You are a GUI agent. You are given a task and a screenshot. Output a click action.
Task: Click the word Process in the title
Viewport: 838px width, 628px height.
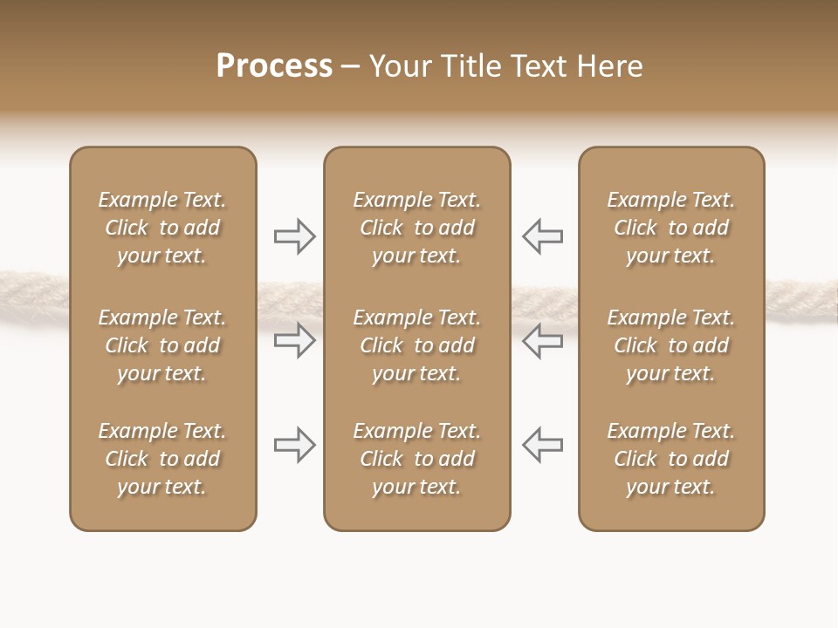click(274, 66)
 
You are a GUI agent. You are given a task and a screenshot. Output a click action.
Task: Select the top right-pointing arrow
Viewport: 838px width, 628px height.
click(294, 236)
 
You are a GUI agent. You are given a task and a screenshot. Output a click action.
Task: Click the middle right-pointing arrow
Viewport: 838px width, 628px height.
click(294, 340)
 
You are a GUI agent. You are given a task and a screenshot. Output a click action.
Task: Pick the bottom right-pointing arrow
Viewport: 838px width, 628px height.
click(294, 445)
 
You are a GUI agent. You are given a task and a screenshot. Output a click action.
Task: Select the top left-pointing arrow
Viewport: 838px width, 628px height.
click(543, 236)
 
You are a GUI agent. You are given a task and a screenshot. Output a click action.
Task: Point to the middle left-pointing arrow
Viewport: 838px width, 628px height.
click(543, 340)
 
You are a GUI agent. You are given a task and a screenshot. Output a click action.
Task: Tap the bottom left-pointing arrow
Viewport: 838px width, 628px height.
click(543, 445)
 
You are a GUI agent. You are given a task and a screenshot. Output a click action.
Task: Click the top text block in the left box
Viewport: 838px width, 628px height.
click(162, 228)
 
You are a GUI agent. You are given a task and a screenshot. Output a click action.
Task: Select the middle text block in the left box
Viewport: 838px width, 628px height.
click(162, 345)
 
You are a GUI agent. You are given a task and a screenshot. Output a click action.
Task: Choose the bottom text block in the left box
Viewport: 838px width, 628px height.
click(162, 459)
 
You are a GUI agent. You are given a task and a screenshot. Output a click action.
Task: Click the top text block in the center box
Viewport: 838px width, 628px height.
click(416, 228)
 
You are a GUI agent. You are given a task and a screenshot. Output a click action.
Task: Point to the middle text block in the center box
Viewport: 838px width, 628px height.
click(416, 345)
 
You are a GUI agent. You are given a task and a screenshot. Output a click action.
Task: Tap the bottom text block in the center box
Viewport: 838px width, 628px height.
click(416, 459)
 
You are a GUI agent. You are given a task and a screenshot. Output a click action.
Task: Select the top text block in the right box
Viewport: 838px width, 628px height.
click(670, 228)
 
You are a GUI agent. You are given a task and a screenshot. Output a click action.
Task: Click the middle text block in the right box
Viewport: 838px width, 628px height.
click(670, 345)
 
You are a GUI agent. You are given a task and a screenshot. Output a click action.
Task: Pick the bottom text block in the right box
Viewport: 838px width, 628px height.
click(670, 459)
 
